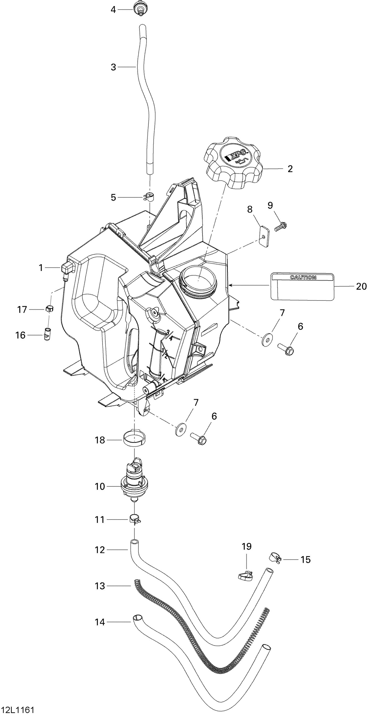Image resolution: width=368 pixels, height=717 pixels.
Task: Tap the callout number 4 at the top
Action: coord(113,10)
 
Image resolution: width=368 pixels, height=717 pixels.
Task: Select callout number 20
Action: coord(361,286)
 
